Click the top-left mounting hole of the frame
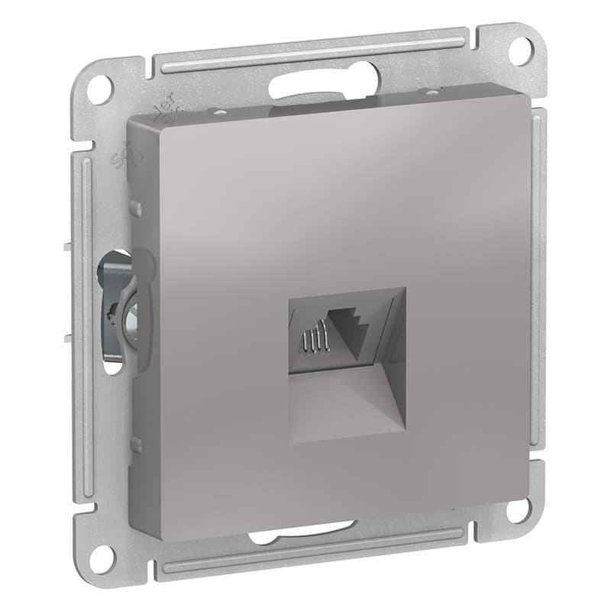98,89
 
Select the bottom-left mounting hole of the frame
100,558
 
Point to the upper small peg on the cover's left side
135,207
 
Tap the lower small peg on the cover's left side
135,444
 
